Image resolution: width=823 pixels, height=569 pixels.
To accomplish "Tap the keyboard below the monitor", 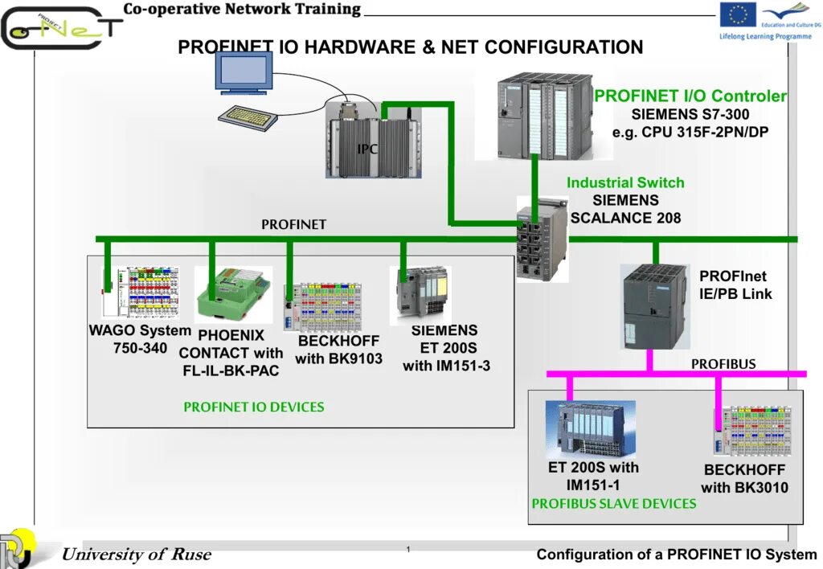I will click(248, 117).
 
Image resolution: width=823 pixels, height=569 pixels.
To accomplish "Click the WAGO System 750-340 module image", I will click(141, 293).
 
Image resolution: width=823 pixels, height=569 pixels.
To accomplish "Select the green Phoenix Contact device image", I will click(232, 294).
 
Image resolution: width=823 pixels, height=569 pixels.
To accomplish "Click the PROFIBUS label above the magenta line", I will click(723, 364).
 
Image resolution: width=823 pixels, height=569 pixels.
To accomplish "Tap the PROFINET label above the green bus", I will click(293, 224).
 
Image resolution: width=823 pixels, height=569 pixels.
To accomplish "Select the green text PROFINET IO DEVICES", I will click(254, 407).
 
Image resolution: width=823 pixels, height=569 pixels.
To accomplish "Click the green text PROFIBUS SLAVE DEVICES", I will click(614, 503).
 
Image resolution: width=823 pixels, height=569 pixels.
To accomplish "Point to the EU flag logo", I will click(737, 14).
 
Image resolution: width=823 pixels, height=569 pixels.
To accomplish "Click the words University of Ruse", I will click(137, 554).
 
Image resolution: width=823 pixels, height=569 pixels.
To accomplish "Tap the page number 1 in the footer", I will click(408, 549).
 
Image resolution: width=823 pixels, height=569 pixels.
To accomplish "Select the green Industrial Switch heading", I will click(625, 182).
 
